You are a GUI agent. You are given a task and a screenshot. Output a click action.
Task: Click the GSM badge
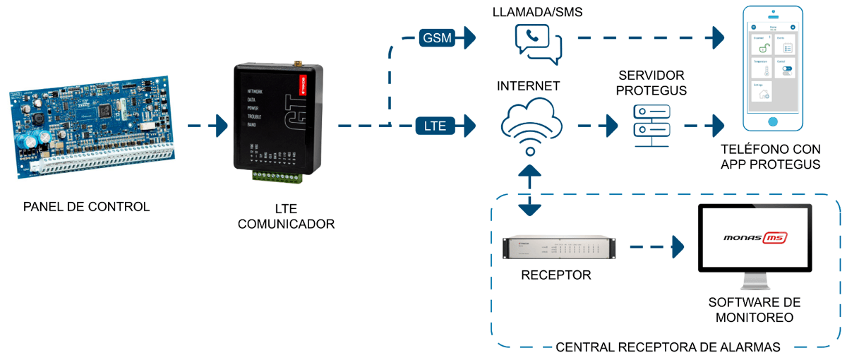[x=437, y=37]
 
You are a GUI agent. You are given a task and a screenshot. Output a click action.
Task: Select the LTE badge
[x=436, y=126]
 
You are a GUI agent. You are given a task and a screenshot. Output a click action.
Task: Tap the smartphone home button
[x=773, y=120]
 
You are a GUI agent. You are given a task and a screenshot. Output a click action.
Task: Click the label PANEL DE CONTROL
[x=86, y=207]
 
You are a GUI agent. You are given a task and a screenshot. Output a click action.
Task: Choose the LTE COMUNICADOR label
[x=286, y=217]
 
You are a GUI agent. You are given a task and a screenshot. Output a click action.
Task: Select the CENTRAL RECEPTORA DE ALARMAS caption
[x=668, y=347]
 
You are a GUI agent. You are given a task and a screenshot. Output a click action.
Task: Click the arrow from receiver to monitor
[x=656, y=247]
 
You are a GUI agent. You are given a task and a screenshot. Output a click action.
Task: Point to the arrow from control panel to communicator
[x=206, y=126]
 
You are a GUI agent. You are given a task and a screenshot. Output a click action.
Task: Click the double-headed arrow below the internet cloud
[x=529, y=191]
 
